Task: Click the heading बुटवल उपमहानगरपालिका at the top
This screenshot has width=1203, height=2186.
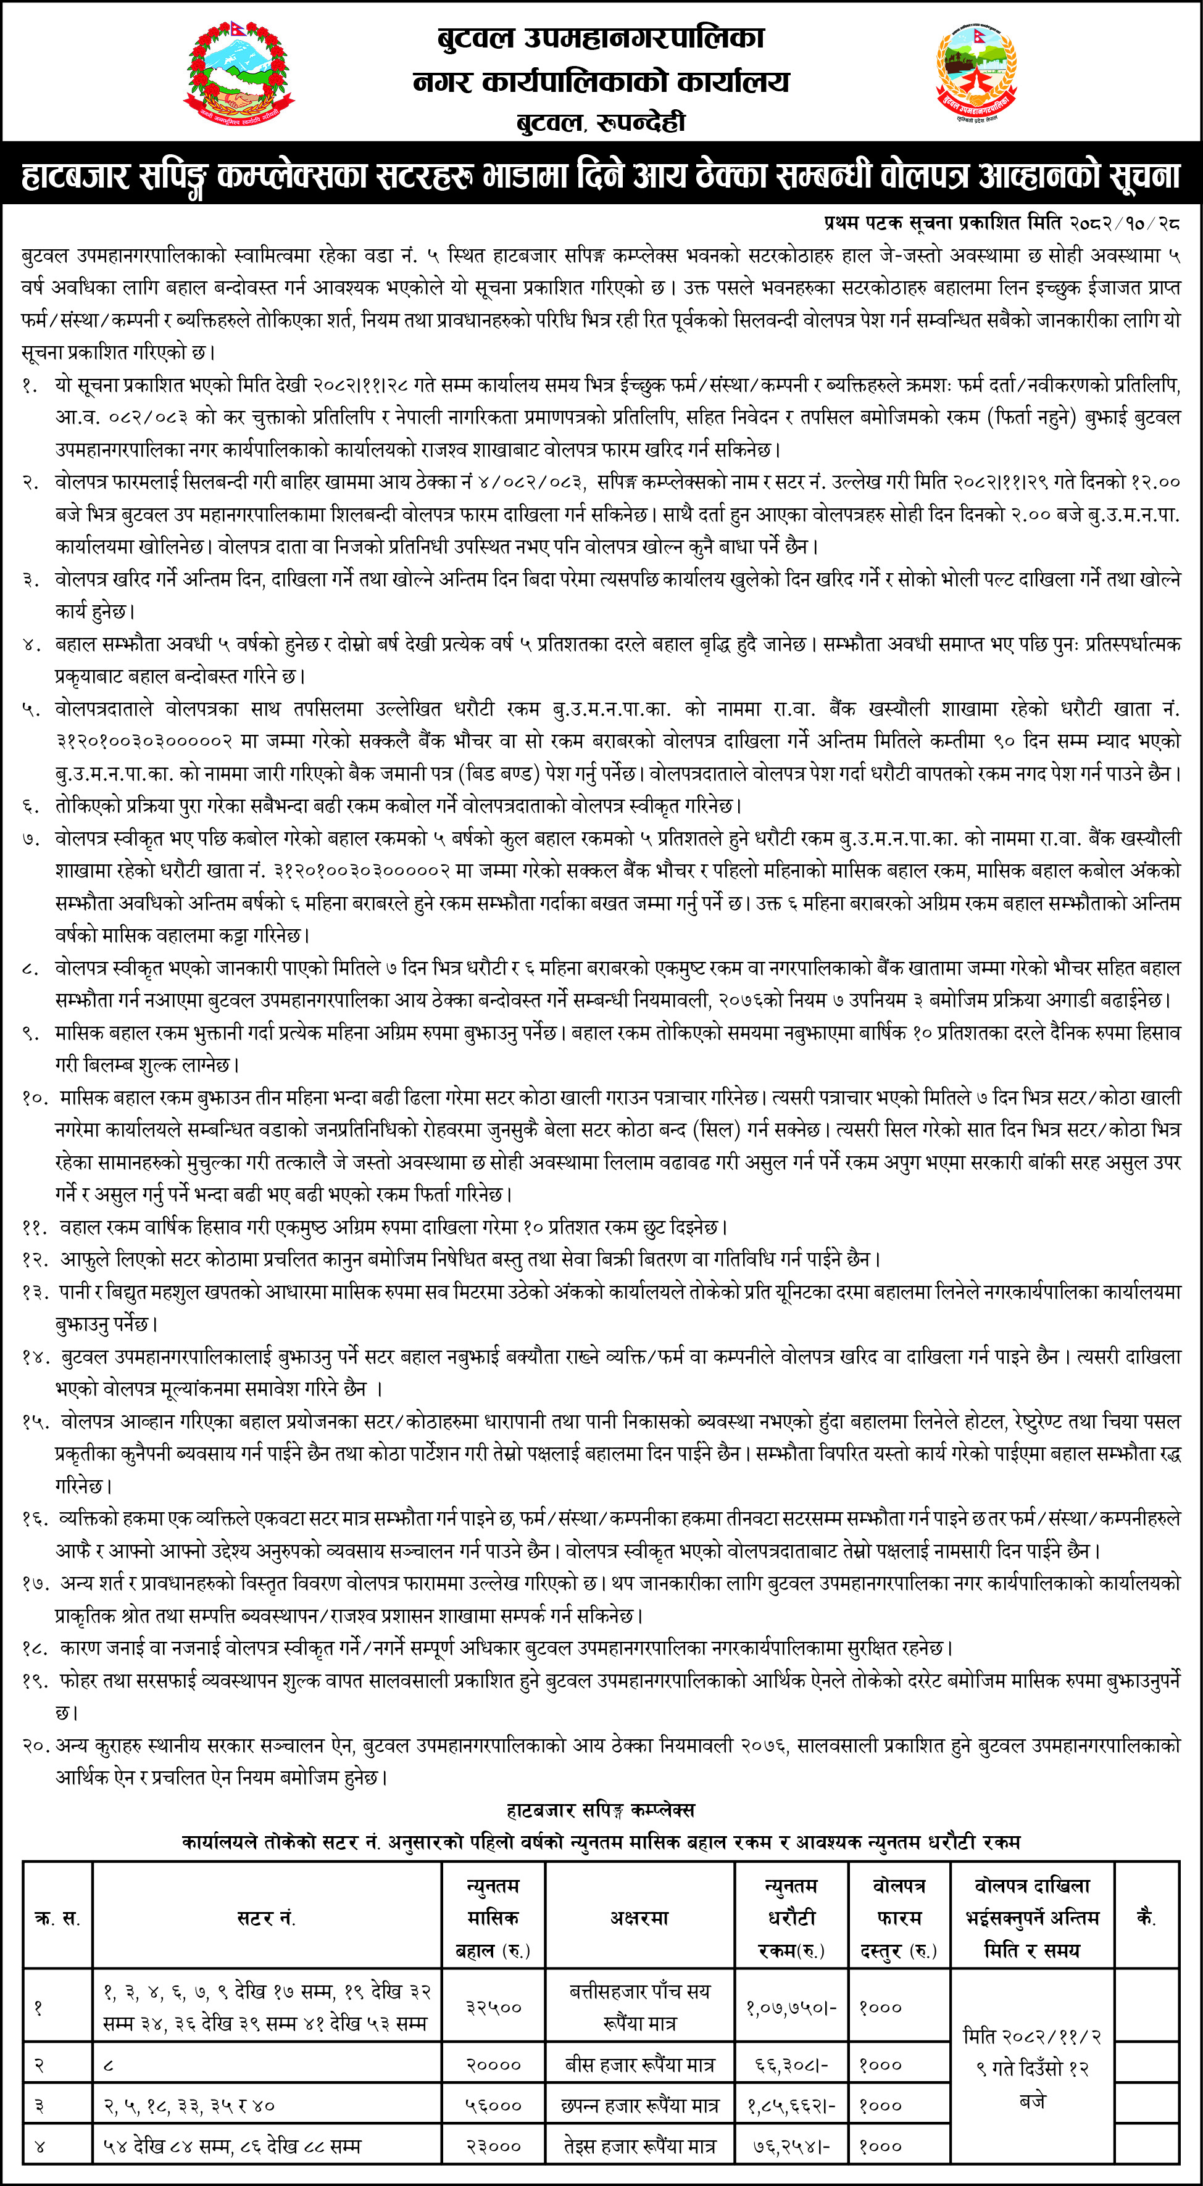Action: pyautogui.click(x=601, y=38)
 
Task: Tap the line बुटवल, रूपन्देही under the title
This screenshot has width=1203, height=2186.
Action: pyautogui.click(x=601, y=122)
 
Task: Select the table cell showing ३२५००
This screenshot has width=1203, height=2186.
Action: pyautogui.click(x=493, y=2008)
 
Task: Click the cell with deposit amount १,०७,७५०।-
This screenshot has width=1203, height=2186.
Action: pyautogui.click(x=791, y=2008)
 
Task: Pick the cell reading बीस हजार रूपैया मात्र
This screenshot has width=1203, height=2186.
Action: pyautogui.click(x=639, y=2064)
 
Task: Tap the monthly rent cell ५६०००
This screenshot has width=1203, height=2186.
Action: pyautogui.click(x=493, y=2105)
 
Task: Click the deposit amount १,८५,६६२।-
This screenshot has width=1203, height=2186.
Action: pyautogui.click(x=791, y=2105)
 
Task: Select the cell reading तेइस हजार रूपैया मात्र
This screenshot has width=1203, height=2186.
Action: pyautogui.click(x=639, y=2146)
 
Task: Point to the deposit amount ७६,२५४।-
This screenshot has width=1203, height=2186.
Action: pyautogui.click(x=791, y=2146)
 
